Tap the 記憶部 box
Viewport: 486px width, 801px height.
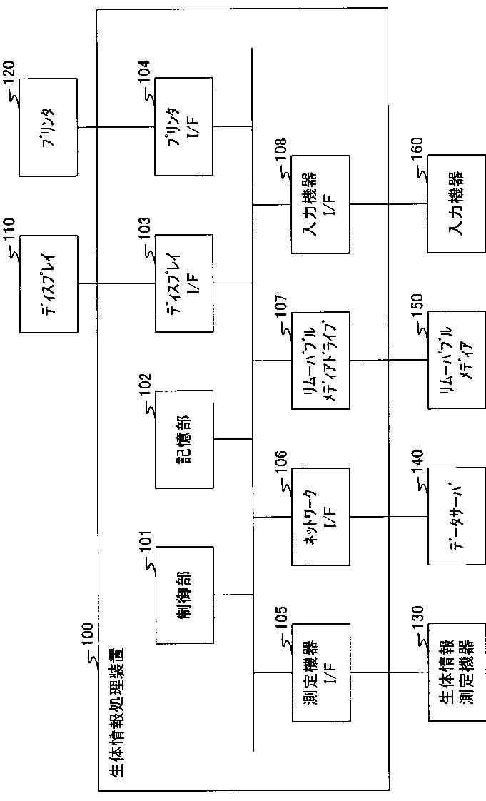pos(184,439)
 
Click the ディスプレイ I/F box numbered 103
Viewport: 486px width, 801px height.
pos(184,283)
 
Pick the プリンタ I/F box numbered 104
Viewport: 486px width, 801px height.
pos(184,127)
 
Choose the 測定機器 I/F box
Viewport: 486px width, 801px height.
pos(321,672)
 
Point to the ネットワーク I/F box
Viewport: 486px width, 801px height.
pos(321,516)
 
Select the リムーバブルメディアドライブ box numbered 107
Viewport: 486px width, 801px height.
pos(321,360)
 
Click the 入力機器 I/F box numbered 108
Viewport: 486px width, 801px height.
pos(321,204)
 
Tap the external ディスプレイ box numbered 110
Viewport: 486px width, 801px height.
pos(49,283)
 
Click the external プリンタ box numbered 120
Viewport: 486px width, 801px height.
pos(49,127)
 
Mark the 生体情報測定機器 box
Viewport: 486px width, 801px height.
pos(457,672)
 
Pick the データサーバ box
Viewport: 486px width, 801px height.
pos(457,516)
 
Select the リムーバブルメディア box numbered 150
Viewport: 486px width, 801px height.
pos(457,360)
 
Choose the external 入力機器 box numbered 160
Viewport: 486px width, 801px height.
pos(457,204)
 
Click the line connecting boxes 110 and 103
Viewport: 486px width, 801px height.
pos(116,283)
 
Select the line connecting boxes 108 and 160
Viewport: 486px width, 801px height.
pos(389,204)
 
